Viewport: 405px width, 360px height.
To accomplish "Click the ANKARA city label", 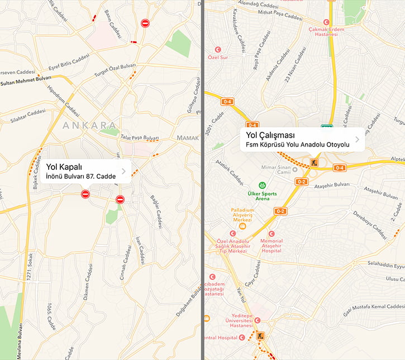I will point(90,125).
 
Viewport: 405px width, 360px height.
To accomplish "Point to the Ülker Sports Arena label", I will point(261,195).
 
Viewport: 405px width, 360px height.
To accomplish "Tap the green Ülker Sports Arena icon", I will point(261,185).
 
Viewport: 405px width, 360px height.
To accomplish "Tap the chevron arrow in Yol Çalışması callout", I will point(357,140).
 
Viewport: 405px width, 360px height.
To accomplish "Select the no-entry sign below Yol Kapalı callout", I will point(85,194).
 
